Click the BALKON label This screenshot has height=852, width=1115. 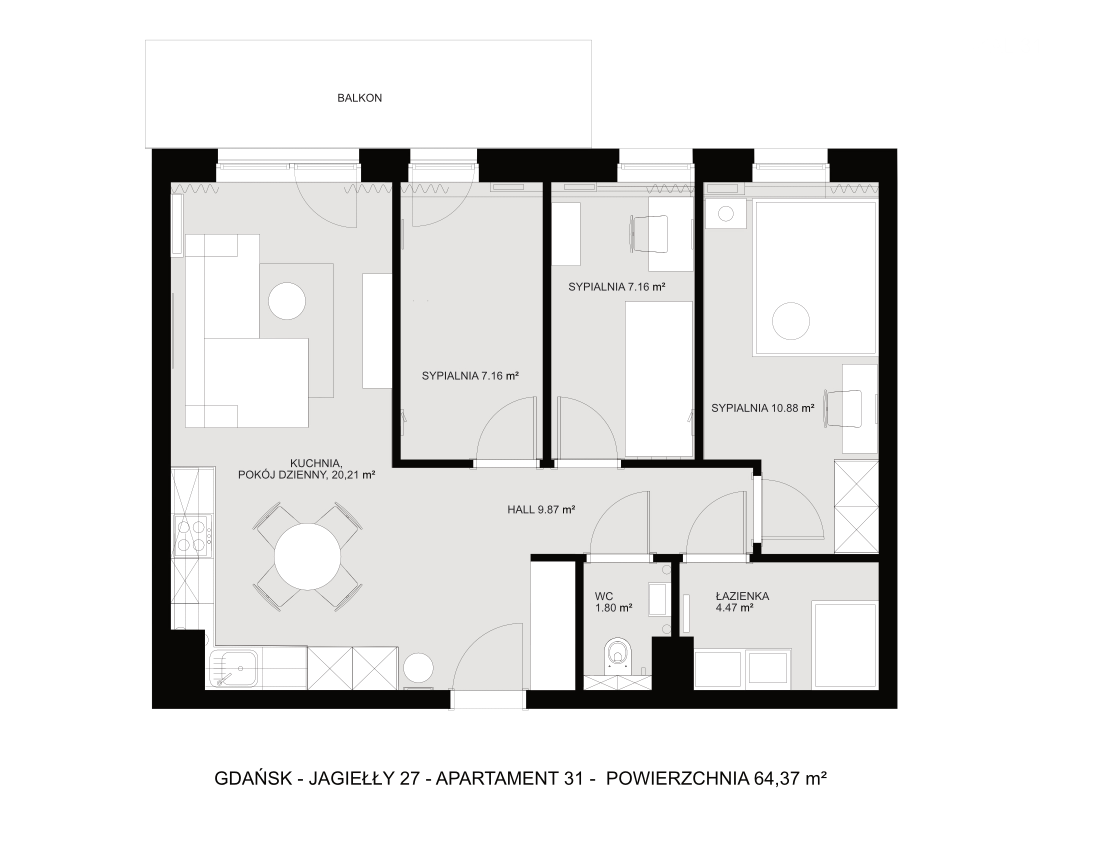point(359,98)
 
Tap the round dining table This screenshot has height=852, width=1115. point(307,556)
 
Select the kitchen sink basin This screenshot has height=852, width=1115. point(234,668)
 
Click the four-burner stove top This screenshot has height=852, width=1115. point(192,536)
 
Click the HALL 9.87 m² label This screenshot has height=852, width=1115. point(541,509)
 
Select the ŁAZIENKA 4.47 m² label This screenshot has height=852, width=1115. point(742,601)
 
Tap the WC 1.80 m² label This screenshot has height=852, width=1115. point(613,601)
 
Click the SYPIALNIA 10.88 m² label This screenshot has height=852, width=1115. point(762,407)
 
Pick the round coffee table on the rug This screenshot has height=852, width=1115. point(286,301)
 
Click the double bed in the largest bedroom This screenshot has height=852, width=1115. point(815,277)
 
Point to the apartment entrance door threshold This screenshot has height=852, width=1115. point(489,700)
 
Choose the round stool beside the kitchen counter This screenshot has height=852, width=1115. point(418,667)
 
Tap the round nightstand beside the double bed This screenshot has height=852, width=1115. point(725,213)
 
